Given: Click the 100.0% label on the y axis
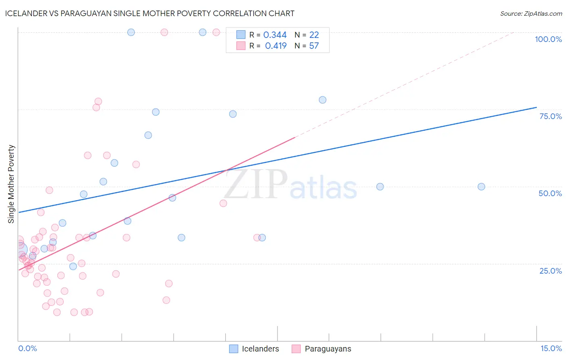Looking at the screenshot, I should (x=548, y=39).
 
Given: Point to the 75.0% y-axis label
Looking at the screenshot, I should (x=550, y=116).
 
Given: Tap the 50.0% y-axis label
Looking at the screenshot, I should (x=550, y=193).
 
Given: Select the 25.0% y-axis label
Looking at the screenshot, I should (x=550, y=271).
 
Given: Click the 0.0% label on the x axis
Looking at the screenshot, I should (x=27, y=348).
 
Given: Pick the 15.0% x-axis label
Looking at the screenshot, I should (x=551, y=348).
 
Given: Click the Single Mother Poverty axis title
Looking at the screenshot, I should (x=11, y=184).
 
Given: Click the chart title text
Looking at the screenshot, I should (x=150, y=13).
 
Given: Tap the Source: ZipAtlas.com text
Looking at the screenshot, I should (x=531, y=14).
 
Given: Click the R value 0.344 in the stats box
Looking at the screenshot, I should (x=275, y=35).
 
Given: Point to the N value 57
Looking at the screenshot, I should (x=314, y=46).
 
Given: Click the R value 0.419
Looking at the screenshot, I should (x=275, y=46).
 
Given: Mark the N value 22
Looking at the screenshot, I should (x=314, y=35).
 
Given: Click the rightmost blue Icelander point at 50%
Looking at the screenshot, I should (x=481, y=186).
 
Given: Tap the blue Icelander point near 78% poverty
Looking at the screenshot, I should (x=323, y=100).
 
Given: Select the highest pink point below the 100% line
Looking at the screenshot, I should (x=98, y=101).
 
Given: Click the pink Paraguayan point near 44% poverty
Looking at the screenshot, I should (x=223, y=203).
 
